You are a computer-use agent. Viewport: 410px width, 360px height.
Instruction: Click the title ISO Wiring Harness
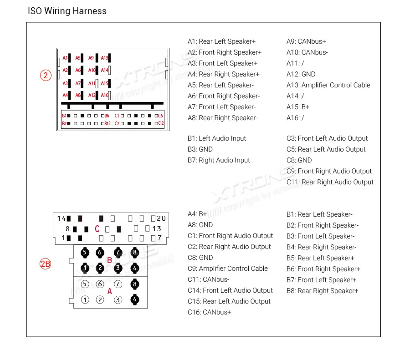point(67,11)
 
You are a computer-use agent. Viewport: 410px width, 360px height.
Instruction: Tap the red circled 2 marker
point(46,76)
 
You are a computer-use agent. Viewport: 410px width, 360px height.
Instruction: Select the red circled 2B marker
point(45,264)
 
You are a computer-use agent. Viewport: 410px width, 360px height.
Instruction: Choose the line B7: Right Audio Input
point(219,160)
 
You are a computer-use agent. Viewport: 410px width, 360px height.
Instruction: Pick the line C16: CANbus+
point(209,312)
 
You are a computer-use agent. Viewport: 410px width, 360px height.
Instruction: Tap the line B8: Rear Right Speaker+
point(322,291)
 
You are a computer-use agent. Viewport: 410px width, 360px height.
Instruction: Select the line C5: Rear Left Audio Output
point(326,149)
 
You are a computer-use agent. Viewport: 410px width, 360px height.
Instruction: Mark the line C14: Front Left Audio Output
point(230,290)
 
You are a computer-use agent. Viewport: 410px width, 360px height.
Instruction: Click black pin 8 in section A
point(134,284)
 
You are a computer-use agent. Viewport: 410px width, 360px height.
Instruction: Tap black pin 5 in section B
point(84,252)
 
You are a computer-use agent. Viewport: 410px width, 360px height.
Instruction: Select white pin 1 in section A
point(85,300)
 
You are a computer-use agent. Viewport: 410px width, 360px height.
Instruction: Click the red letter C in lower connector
point(97,229)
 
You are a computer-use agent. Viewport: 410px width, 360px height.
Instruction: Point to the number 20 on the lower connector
point(161,218)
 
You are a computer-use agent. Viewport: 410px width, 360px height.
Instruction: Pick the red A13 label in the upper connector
point(104,58)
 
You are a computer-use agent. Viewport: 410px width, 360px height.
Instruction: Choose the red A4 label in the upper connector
point(65,96)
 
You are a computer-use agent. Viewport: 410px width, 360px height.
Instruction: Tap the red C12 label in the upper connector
point(160,123)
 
